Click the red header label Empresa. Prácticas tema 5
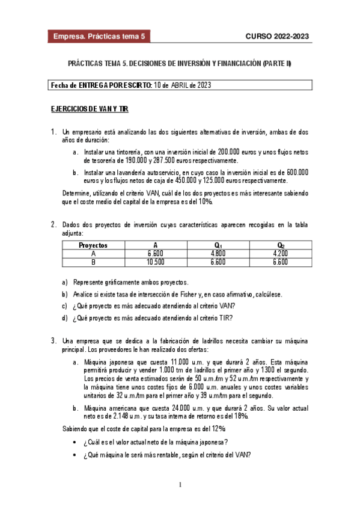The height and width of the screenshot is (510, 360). pyautogui.click(x=100, y=36)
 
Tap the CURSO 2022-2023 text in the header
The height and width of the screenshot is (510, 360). pyautogui.click(x=277, y=36)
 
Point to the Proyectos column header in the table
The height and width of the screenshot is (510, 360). pyautogui.click(x=93, y=245)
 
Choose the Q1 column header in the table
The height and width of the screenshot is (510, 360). pyautogui.click(x=216, y=245)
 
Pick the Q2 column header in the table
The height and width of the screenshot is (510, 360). pyautogui.click(x=280, y=245)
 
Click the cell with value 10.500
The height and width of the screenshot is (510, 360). pyautogui.click(x=155, y=262)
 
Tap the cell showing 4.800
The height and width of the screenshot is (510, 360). pyautogui.click(x=216, y=254)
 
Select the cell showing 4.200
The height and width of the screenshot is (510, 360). pyautogui.click(x=280, y=254)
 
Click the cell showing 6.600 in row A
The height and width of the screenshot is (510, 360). pyautogui.click(x=155, y=254)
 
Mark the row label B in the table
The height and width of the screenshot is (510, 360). pyautogui.click(x=93, y=262)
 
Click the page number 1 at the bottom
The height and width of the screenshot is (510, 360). pyautogui.click(x=180, y=485)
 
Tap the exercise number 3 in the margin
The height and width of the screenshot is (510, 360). pyautogui.click(x=53, y=340)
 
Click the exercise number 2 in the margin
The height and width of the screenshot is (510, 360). pyautogui.click(x=53, y=225)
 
